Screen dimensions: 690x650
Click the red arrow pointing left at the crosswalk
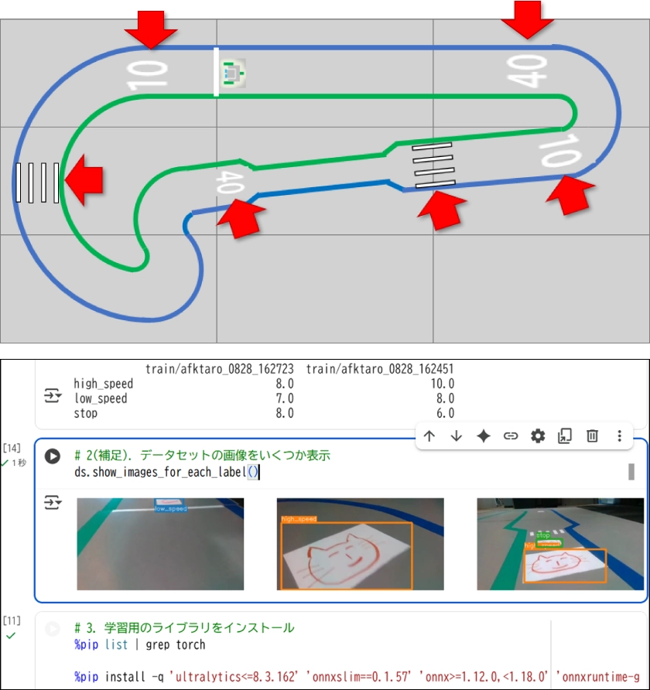pyautogui.click(x=84, y=180)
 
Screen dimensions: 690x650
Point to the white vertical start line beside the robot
pyautogui.click(x=217, y=72)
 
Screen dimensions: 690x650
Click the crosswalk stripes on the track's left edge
pyautogui.click(x=36, y=183)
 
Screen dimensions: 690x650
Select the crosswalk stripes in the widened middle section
pyautogui.click(x=433, y=166)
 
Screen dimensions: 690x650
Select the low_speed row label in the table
pyautogui.click(x=101, y=398)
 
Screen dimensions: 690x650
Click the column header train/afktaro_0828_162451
pyautogui.click(x=379, y=368)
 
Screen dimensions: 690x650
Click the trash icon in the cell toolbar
pyautogui.click(x=592, y=436)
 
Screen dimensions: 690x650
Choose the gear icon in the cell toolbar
pyautogui.click(x=538, y=436)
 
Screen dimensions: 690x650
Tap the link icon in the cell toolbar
pyautogui.click(x=511, y=436)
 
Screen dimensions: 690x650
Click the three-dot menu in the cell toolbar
pyautogui.click(x=619, y=436)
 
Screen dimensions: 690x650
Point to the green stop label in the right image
pyautogui.click(x=542, y=535)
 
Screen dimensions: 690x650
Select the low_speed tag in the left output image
pyautogui.click(x=170, y=508)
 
